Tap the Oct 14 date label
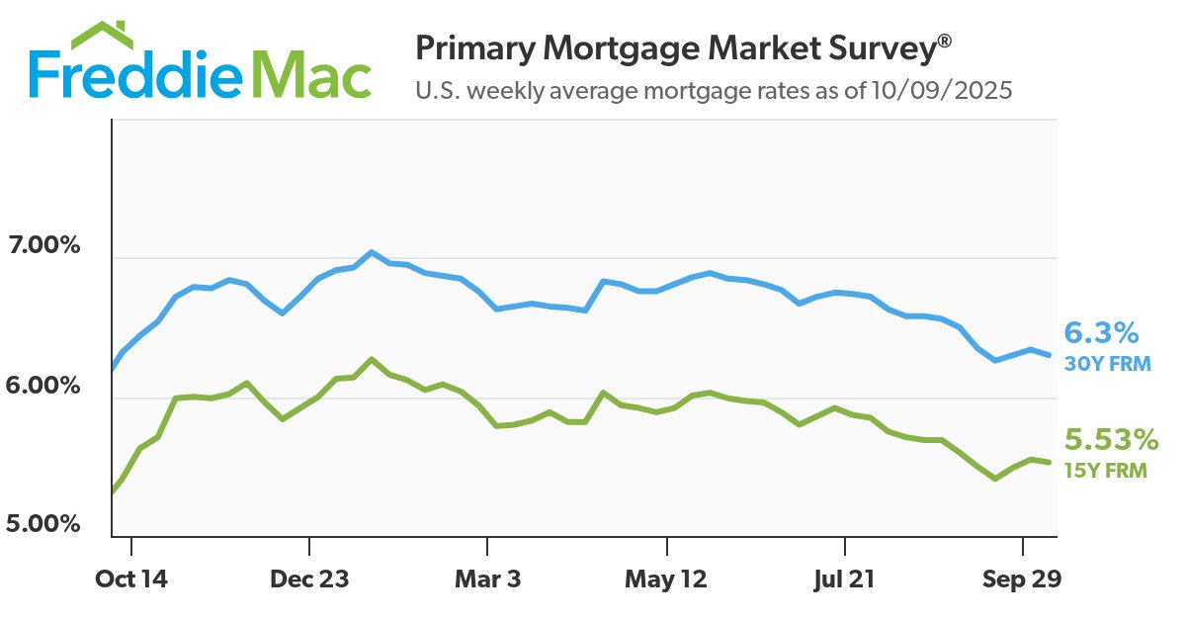pos(131,580)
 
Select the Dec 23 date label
pos(310,580)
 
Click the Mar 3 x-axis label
pos(487,580)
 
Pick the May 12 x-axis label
pos(667,580)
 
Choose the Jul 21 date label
pos(845,580)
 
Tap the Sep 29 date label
pos(1023,580)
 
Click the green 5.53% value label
pos(1109,439)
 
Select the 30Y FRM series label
pos(1107,364)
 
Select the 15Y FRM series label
pos(1105,471)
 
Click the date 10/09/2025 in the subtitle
pos(945,92)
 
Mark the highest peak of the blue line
pos(372,252)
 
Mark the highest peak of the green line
pos(372,359)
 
